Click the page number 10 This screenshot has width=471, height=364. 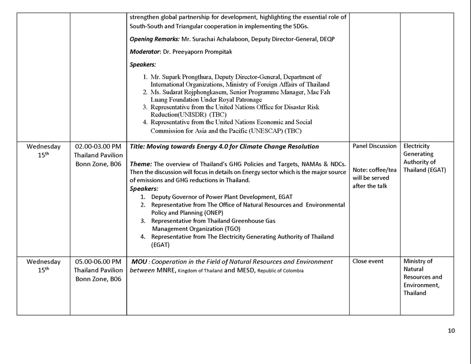[451, 330]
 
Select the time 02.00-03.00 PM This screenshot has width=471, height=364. [98, 146]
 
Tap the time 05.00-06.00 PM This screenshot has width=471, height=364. [98, 261]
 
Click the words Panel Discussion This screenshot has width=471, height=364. [375, 146]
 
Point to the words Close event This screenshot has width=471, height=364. [367, 261]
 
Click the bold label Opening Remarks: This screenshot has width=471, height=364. [154, 39]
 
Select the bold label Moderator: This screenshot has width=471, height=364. [145, 52]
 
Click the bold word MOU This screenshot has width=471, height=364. [140, 262]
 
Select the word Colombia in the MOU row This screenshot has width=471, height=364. [292, 271]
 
